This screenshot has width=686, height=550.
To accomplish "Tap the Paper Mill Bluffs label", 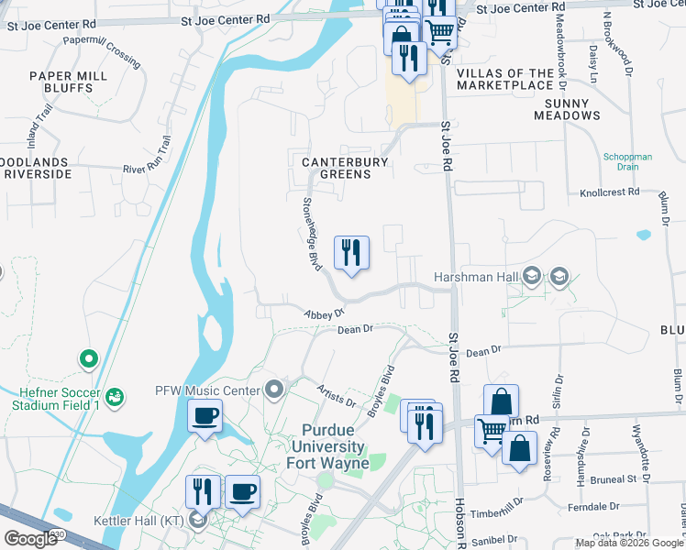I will (x=61, y=82).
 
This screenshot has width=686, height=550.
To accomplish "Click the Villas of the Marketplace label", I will (x=504, y=79).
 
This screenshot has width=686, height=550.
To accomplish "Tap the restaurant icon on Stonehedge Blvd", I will (x=350, y=252).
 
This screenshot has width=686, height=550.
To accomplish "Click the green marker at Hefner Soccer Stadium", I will (x=88, y=358).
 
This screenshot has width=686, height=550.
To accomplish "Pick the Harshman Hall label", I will (x=473, y=277).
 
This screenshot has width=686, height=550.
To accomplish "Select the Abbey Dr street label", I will (x=324, y=313).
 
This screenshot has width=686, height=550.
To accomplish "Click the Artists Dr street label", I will (x=336, y=395).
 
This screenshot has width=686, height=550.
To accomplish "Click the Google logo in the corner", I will (x=30, y=538).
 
